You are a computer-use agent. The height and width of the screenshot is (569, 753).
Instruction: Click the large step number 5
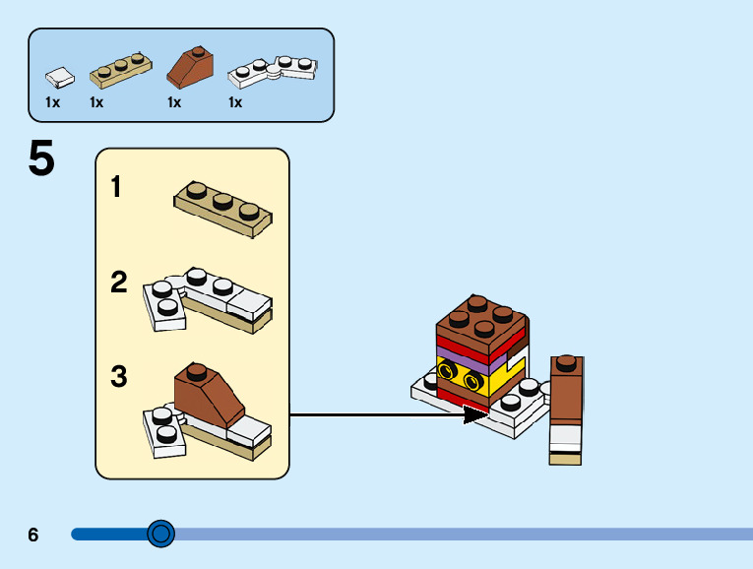pos(41,158)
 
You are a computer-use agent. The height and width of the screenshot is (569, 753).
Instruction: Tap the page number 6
pos(32,535)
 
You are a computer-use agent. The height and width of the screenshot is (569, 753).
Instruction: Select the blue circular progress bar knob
pos(160,534)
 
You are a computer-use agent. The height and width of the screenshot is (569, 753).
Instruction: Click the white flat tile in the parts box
pos(60,78)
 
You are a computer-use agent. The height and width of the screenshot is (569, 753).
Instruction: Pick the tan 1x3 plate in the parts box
pos(120,71)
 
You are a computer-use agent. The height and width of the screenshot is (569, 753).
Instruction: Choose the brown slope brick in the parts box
pos(190,67)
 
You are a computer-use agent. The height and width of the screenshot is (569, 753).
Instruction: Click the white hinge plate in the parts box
pos(273,72)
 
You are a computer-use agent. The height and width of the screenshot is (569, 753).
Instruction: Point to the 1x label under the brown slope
pos(174,102)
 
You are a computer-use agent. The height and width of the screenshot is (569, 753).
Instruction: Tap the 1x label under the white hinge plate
pos(235,102)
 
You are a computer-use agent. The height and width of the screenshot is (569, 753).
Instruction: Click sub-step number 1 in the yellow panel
pos(116,186)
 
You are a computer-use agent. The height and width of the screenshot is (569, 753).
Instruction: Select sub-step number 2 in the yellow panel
pos(119,282)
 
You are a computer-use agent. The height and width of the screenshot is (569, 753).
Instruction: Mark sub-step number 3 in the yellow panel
pos(119,376)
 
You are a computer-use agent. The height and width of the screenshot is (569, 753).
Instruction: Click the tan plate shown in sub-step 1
pos(222,210)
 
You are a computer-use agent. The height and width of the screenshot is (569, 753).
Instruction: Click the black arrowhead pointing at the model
pos(475,414)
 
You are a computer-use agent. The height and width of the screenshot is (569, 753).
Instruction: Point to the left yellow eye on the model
pos(447,371)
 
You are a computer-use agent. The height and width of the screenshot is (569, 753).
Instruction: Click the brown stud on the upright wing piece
pos(567,362)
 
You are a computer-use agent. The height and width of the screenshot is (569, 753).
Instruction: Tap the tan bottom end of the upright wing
pos(565,460)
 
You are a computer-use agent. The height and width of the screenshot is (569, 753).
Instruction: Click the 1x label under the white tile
pos(52,102)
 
